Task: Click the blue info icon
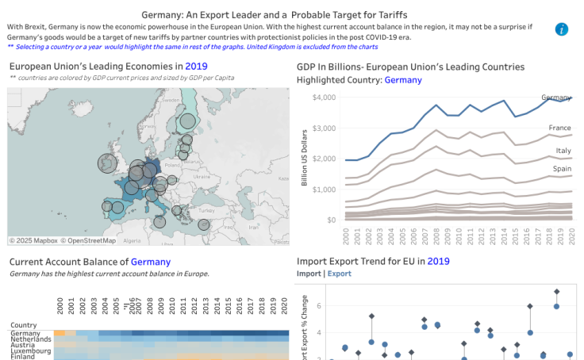click(562, 30)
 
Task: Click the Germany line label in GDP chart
click(556, 98)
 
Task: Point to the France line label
click(559, 128)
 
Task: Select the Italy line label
click(563, 150)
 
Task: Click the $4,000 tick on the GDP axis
click(325, 97)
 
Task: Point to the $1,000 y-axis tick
click(325, 189)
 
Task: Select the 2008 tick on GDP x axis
click(436, 236)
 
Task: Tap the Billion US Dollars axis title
click(304, 159)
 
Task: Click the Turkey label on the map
click(207, 211)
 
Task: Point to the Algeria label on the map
click(132, 240)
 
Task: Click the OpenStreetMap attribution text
click(90, 240)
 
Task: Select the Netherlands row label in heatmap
click(31, 339)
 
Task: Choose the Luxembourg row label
click(31, 350)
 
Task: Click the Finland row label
click(23, 357)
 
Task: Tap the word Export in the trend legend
click(340, 274)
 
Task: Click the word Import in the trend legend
click(309, 274)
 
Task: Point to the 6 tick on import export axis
click(318, 306)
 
